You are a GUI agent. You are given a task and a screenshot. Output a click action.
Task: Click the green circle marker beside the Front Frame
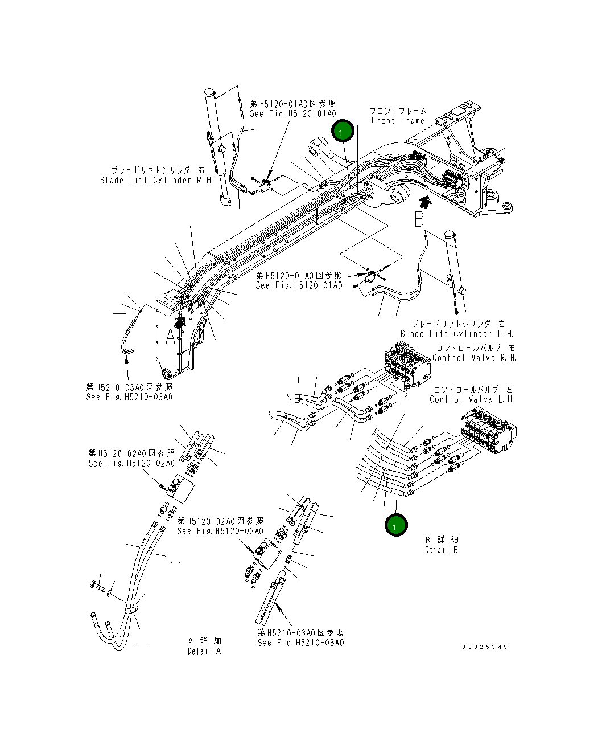tap(343, 132)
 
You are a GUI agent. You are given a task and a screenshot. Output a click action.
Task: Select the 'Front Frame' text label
tap(398, 120)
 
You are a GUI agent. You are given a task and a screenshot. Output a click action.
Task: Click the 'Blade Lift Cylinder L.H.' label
tap(456, 334)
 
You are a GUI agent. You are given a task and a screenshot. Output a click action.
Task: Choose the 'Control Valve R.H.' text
tap(474, 358)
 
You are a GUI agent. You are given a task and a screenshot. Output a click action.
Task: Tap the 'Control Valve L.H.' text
tap(471, 399)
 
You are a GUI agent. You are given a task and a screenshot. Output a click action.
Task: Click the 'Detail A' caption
tap(204, 651)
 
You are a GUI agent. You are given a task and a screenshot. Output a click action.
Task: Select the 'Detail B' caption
tap(442, 550)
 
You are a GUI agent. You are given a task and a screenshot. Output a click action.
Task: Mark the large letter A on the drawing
tap(171, 337)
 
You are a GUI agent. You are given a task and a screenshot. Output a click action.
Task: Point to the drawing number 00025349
tap(485, 647)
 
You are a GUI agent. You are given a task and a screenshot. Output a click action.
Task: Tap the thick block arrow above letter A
tap(180, 322)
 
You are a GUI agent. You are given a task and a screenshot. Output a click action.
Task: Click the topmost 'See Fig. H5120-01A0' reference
tap(293, 114)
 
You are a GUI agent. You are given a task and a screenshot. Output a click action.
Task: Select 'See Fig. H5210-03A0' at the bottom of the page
tap(300, 643)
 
